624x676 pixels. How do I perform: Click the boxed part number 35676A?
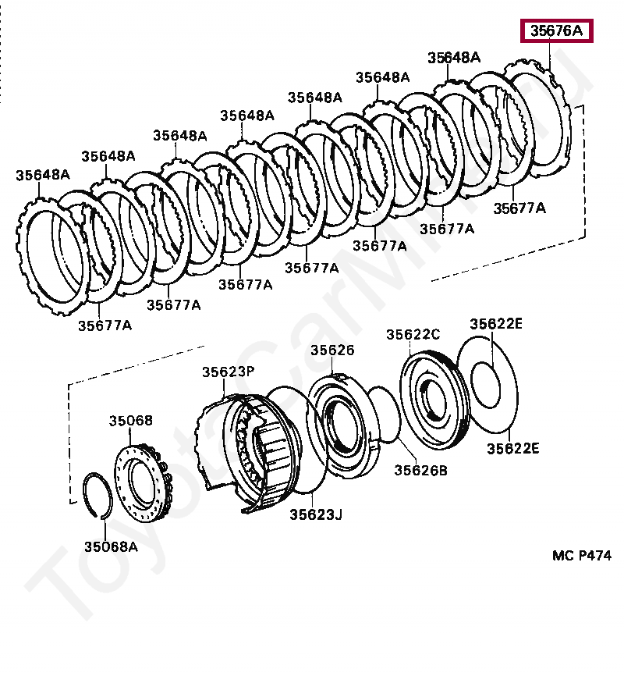(557, 32)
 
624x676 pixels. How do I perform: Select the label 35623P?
(229, 372)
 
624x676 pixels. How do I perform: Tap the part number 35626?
(332, 350)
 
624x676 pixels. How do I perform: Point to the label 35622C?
(413, 334)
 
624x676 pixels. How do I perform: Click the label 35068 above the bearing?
(130, 422)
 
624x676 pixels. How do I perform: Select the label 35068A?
(111, 546)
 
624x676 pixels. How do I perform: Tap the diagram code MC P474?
(582, 555)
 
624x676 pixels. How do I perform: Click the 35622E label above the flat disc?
(496, 324)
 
